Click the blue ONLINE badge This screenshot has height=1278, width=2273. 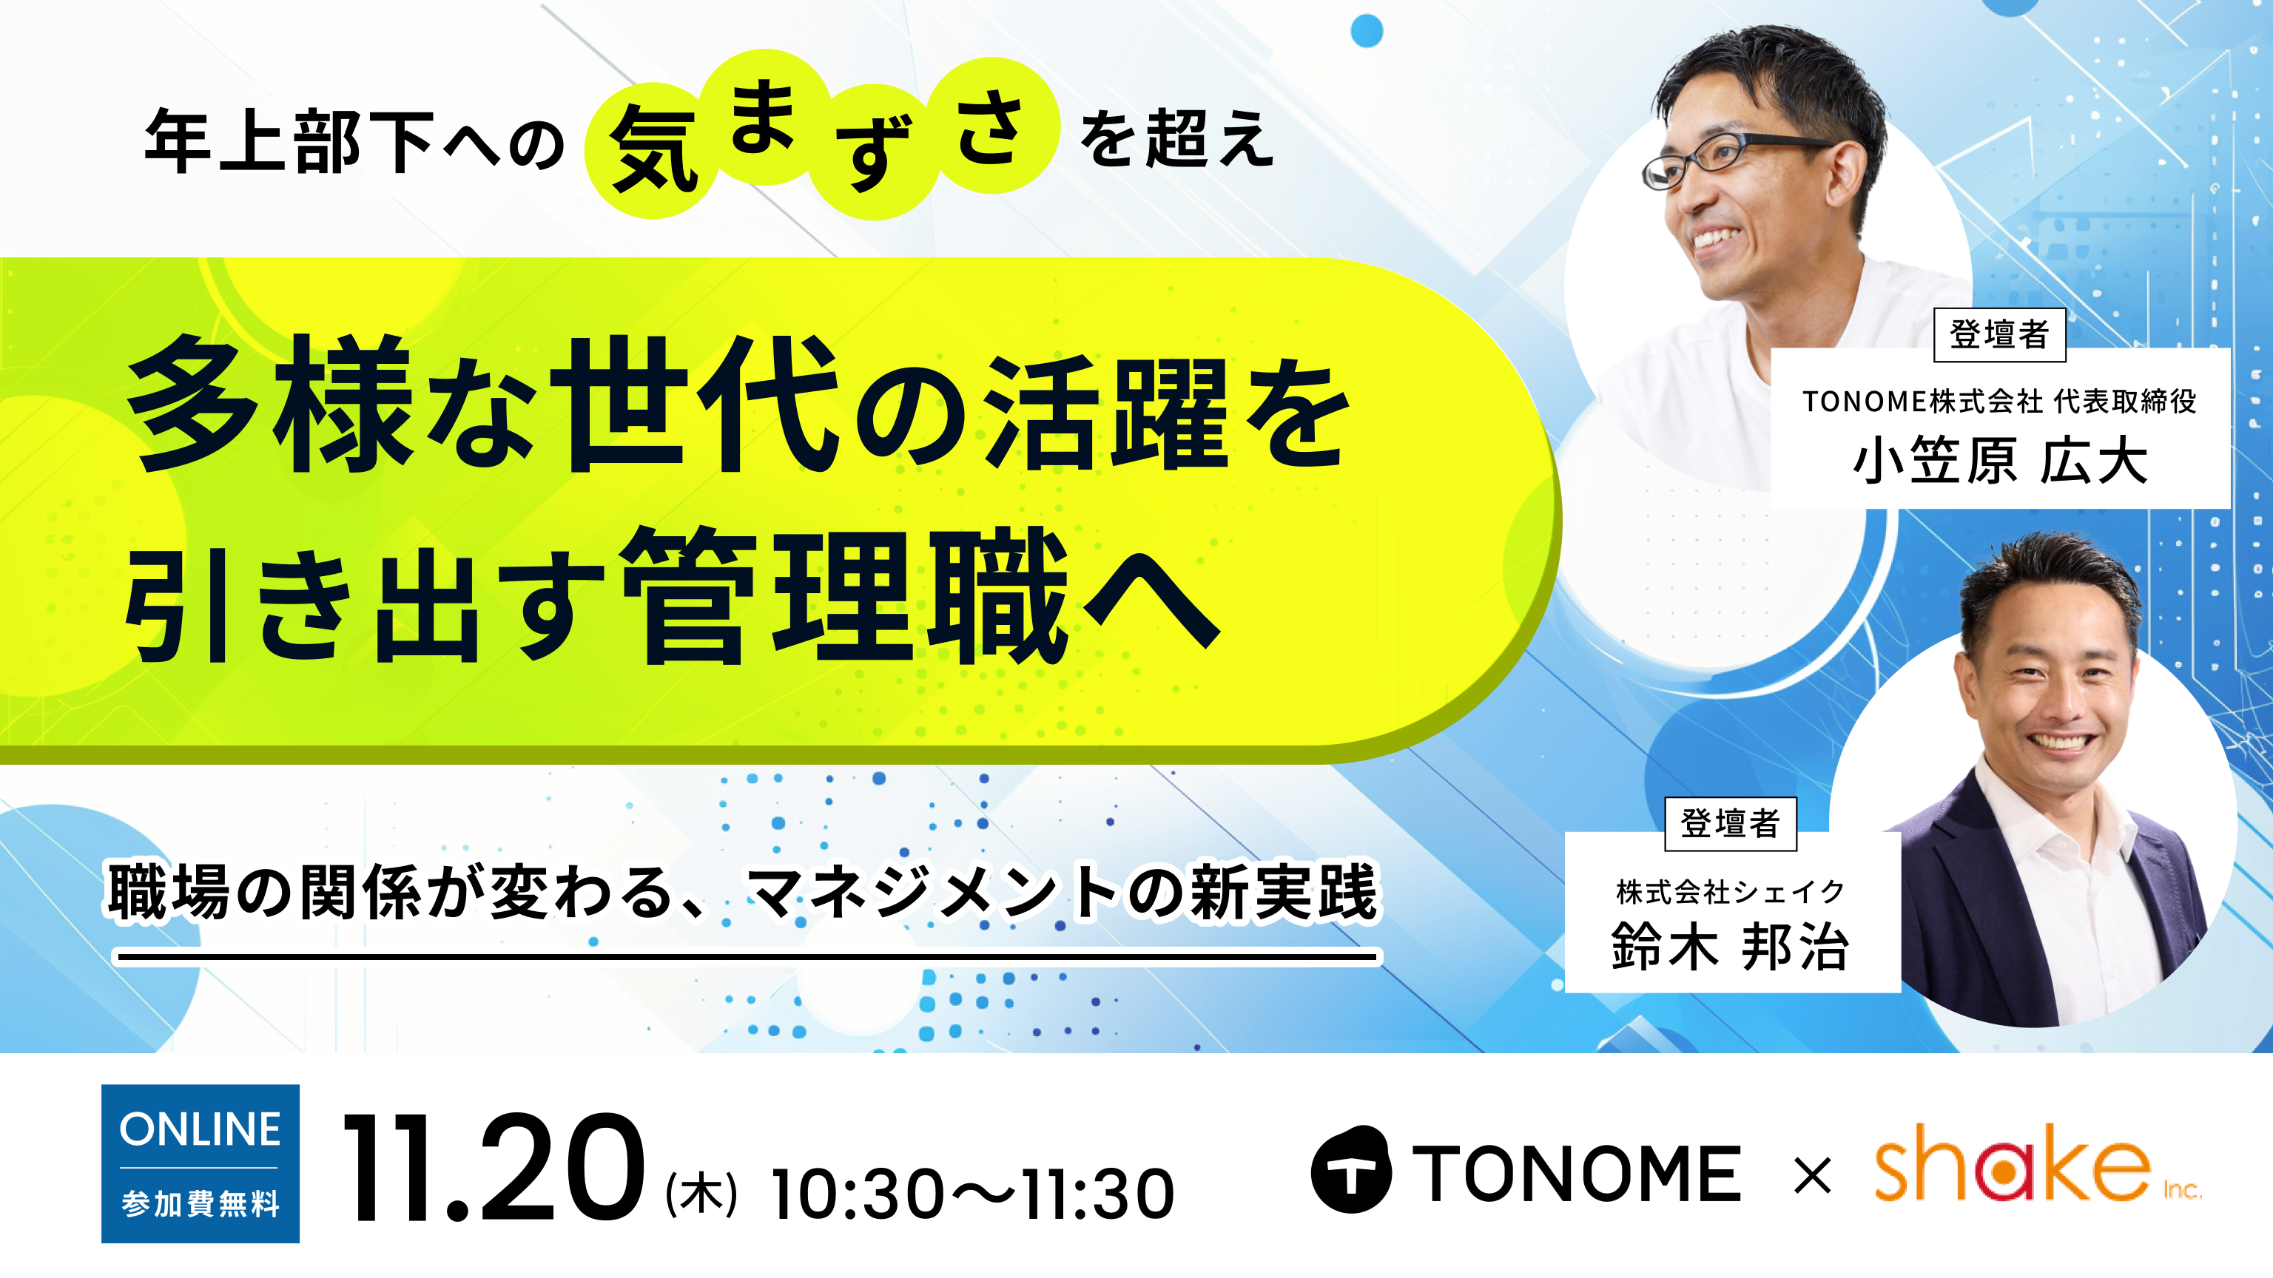pyautogui.click(x=201, y=1163)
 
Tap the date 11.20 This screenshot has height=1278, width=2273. pyautogui.click(x=494, y=1167)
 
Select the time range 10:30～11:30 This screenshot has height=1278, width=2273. pyautogui.click(x=972, y=1194)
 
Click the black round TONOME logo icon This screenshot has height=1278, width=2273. pyautogui.click(x=1351, y=1169)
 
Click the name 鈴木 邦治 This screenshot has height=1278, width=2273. pyautogui.click(x=1729, y=947)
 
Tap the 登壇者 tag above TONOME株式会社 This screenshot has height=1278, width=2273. pyautogui.click(x=1999, y=334)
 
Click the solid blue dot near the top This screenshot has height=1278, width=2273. pyautogui.click(x=1367, y=31)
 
